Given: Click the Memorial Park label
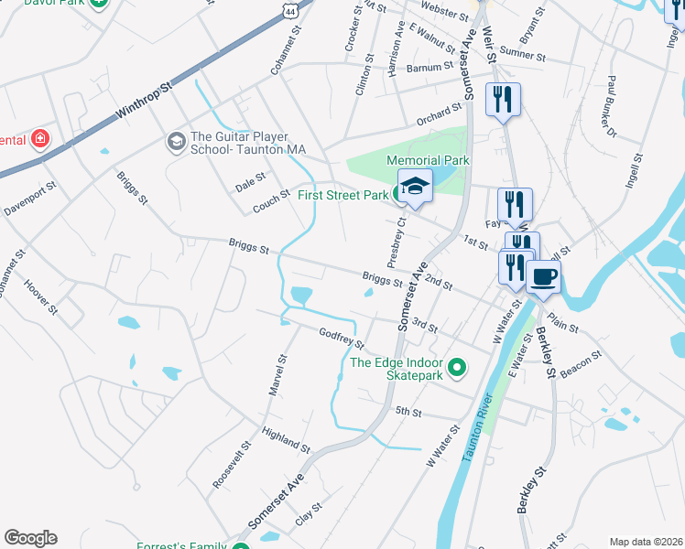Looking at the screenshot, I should (x=428, y=159).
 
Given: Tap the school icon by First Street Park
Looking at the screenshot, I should (x=415, y=186).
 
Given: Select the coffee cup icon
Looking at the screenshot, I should (x=543, y=276).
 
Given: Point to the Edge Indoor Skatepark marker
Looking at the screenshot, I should (x=460, y=369).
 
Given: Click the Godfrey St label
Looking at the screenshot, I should (x=341, y=338).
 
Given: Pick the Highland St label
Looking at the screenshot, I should (x=286, y=438).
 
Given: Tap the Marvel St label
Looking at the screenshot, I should (x=278, y=375).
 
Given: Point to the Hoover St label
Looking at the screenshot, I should (x=40, y=297).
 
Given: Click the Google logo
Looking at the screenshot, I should (x=30, y=538).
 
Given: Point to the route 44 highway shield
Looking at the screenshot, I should (x=291, y=8).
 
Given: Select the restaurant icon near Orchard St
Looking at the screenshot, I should (x=502, y=99).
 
